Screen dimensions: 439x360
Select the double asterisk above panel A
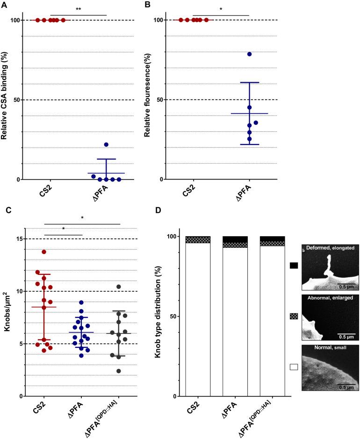(78, 9)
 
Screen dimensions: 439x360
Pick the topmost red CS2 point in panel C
(44, 252)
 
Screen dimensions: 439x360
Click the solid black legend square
(294, 266)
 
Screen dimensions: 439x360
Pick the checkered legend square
(294, 317)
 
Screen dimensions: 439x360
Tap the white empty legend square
(294, 367)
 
